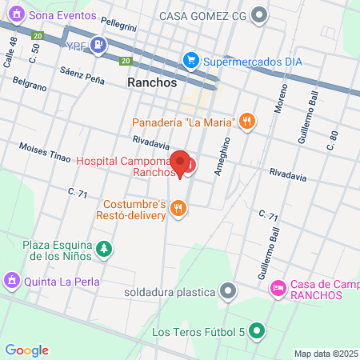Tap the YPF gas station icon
tap(98, 45)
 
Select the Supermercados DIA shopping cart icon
tap(190, 59)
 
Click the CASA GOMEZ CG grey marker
tap(258, 15)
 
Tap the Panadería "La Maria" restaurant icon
tap(248, 122)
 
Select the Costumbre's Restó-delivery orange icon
tap(178, 210)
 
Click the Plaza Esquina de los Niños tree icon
tap(103, 250)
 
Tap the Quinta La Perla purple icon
tap(11, 280)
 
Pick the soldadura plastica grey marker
tap(229, 291)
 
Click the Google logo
tap(27, 350)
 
